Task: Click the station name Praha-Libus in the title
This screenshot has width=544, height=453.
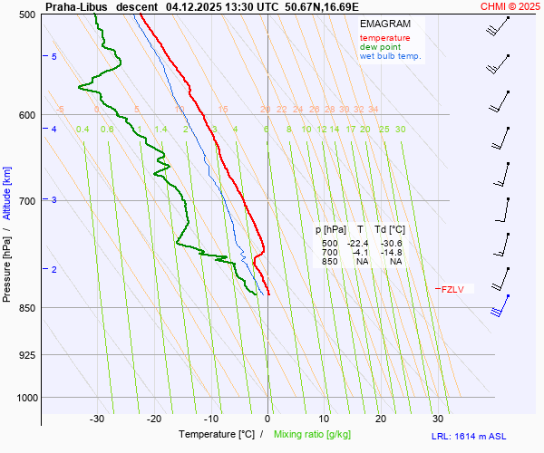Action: click(77, 6)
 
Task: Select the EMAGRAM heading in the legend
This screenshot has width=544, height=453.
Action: click(384, 24)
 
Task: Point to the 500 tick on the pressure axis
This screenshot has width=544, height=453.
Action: click(26, 14)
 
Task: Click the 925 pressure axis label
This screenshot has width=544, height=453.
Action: click(26, 355)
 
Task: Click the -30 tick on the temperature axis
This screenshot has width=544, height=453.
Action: click(98, 419)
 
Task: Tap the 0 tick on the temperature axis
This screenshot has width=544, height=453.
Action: click(267, 419)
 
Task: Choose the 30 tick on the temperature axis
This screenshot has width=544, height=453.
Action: click(438, 419)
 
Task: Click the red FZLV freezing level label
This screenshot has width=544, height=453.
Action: click(451, 290)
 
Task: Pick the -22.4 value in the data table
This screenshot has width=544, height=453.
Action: click(359, 244)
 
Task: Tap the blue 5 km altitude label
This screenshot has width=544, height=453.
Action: click(53, 57)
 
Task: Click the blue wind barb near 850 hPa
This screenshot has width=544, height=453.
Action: click(497, 310)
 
